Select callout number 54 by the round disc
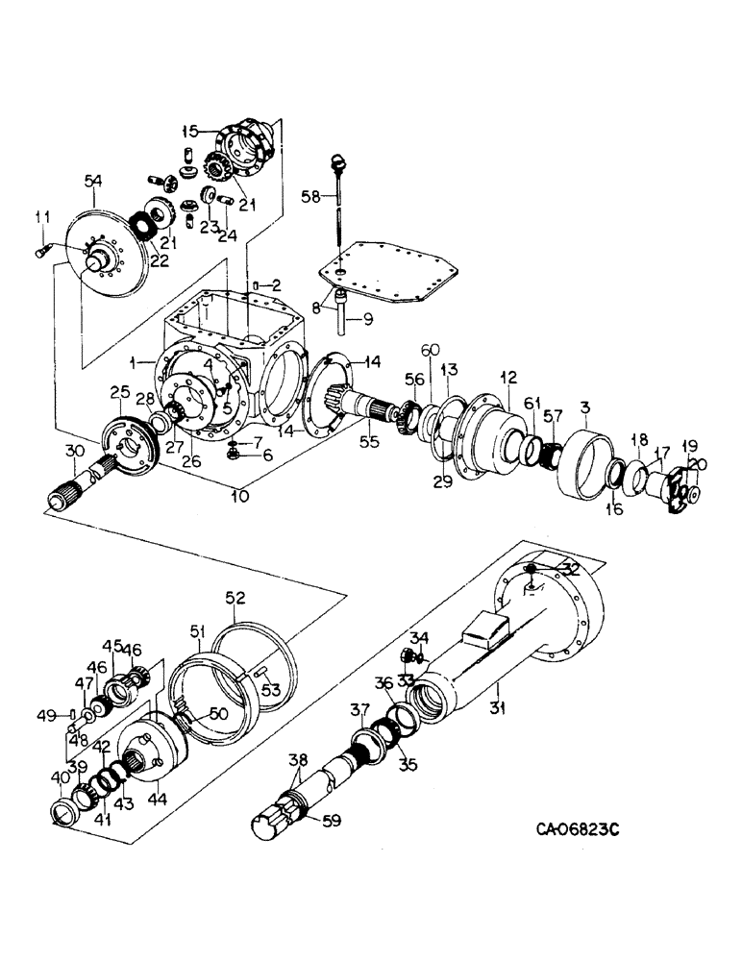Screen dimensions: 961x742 click(x=93, y=180)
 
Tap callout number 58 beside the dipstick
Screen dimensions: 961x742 click(x=309, y=196)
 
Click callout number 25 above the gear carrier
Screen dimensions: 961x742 click(x=119, y=392)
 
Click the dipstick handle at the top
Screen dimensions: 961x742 click(x=335, y=160)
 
